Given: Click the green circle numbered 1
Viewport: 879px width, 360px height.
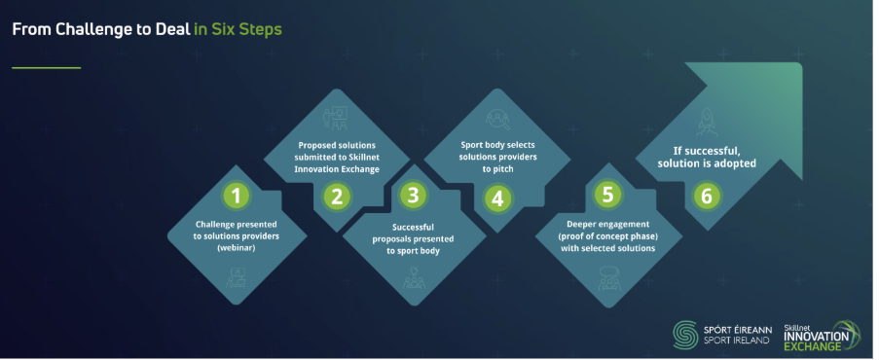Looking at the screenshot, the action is (x=236, y=197).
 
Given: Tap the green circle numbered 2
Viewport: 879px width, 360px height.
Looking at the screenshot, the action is (x=337, y=198).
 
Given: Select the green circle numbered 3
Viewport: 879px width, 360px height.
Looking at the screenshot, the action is (x=413, y=196).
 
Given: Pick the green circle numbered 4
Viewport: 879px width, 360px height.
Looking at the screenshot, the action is (x=496, y=198).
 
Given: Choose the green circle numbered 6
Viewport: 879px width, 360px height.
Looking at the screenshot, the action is (x=707, y=197).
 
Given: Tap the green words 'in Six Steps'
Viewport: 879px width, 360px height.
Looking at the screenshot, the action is (x=238, y=30).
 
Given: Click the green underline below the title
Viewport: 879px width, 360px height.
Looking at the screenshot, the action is (x=47, y=68).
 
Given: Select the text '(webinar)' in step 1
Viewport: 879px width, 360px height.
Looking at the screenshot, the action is (x=236, y=247).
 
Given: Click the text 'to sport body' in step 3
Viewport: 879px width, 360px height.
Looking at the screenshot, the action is (x=413, y=251).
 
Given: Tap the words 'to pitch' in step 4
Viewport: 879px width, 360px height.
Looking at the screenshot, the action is (x=497, y=167).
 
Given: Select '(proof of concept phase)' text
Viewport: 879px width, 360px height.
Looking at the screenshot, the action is (x=608, y=235).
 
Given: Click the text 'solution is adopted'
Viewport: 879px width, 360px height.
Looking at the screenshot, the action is (x=707, y=163).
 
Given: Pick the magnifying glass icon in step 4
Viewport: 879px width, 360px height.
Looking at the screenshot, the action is (x=496, y=120).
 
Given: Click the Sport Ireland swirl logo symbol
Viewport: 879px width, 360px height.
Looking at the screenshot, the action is (x=685, y=334).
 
